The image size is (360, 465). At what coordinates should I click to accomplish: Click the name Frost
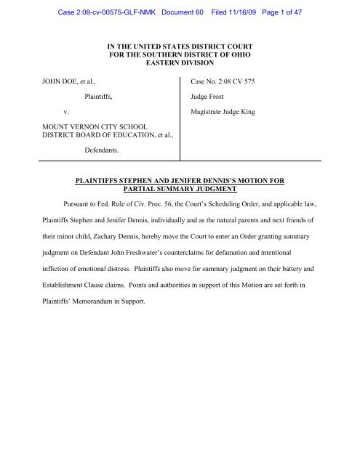(226, 114)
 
